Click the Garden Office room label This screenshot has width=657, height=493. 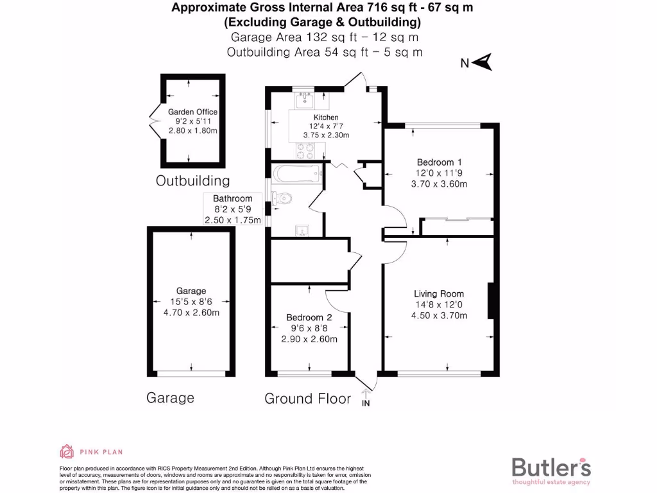pyautogui.click(x=192, y=112)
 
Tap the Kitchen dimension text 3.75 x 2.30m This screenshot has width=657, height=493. pyautogui.click(x=326, y=135)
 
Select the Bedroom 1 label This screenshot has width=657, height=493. pyautogui.click(x=439, y=162)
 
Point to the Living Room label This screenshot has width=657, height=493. pyautogui.click(x=439, y=294)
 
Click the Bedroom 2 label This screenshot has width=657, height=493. pyautogui.click(x=309, y=318)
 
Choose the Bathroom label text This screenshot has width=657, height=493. pyautogui.click(x=232, y=199)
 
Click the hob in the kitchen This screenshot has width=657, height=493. pyautogui.click(x=305, y=151)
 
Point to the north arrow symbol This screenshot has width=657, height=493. pyautogui.click(x=484, y=62)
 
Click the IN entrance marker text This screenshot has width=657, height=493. pyautogui.click(x=366, y=403)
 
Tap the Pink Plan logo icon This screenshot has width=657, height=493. pyautogui.click(x=67, y=452)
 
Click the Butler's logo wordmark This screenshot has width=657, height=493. pyautogui.click(x=551, y=467)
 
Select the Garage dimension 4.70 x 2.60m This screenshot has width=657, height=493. pyautogui.click(x=192, y=313)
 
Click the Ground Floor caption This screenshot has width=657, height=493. pyautogui.click(x=308, y=399)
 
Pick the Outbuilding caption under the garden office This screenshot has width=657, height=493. pyautogui.click(x=192, y=181)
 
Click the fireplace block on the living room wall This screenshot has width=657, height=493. pyautogui.click(x=491, y=301)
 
